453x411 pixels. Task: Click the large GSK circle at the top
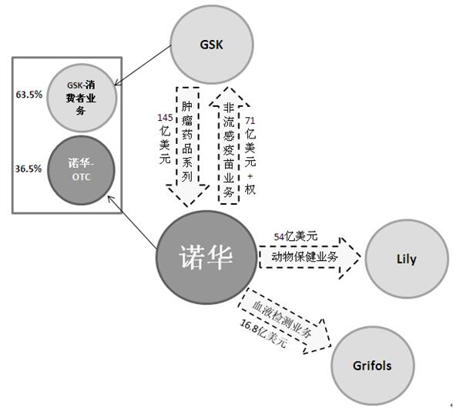[212, 45]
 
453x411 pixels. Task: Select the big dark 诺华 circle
[206, 257]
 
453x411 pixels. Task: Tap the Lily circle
[407, 259]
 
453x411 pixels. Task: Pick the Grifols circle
[373, 366]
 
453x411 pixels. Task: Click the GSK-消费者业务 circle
[82, 99]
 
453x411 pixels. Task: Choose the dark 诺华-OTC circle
[81, 170]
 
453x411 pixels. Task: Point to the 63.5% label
[29, 95]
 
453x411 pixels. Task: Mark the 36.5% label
[29, 169]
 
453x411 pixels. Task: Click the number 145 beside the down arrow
[165, 118]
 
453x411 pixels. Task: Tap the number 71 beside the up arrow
[250, 120]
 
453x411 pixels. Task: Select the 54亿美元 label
[296, 237]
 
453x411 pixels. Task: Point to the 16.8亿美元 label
[263, 334]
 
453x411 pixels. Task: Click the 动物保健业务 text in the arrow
[304, 256]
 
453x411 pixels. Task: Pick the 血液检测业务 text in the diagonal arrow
[282, 320]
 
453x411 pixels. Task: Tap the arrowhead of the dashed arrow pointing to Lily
[350, 257]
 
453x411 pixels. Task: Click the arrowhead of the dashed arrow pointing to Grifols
[319, 336]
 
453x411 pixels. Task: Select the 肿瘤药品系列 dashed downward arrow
[188, 146]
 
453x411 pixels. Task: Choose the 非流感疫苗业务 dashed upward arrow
[229, 145]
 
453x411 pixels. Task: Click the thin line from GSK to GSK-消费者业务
[143, 65]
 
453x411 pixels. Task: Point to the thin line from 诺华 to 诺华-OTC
[133, 222]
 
